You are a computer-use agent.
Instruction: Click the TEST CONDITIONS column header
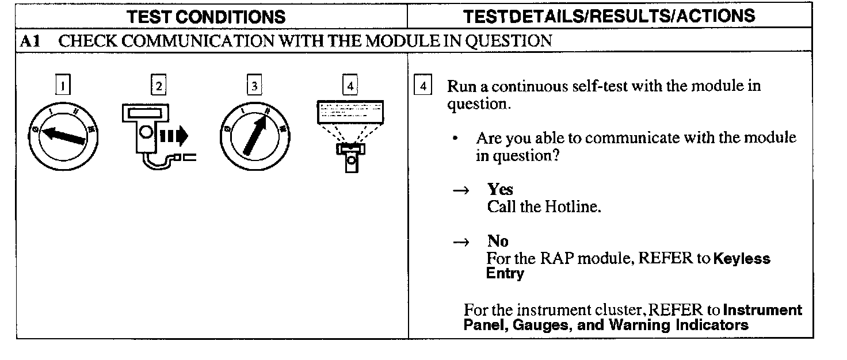[207, 17]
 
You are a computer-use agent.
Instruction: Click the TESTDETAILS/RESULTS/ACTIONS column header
[609, 16]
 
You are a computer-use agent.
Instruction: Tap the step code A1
[29, 41]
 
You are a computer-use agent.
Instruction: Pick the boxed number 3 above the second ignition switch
[253, 86]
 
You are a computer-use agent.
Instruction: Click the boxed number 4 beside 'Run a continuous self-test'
[423, 87]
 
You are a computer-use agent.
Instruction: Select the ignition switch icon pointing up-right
[253, 137]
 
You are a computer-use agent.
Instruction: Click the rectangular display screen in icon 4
[350, 111]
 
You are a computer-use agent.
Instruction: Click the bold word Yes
[500, 190]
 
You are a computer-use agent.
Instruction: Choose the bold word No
[498, 242]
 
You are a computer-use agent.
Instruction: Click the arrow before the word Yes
[461, 191]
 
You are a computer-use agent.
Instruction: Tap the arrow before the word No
[461, 243]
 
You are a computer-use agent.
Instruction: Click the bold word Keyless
[741, 259]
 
